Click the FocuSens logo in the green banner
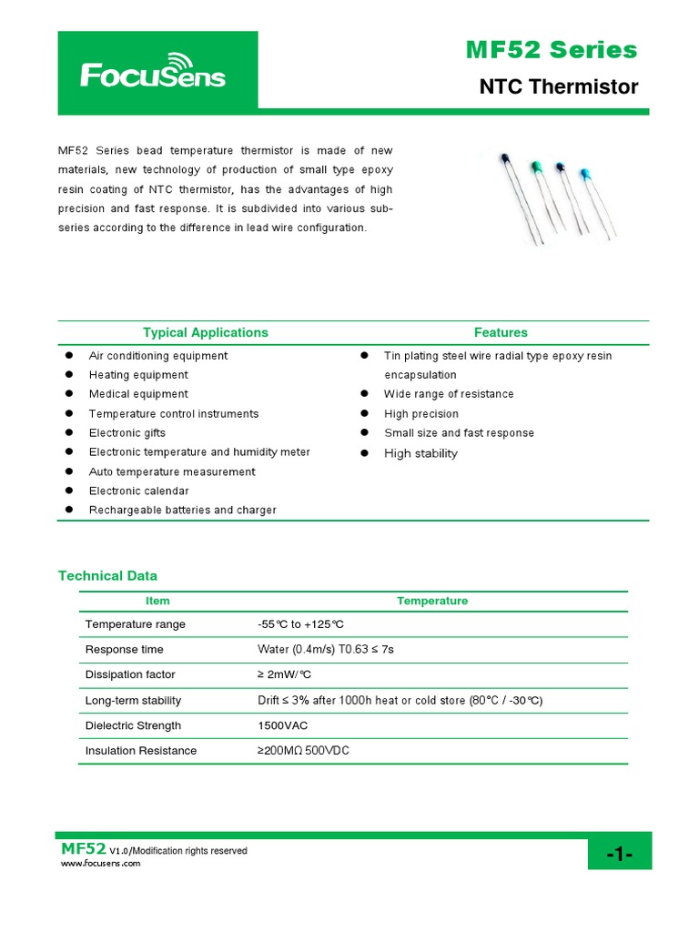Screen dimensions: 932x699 click(x=152, y=73)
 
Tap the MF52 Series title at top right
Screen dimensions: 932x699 click(x=551, y=50)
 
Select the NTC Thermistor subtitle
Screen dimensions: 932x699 click(x=558, y=87)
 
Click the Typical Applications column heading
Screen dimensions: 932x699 click(x=206, y=332)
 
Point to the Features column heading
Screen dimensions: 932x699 click(x=501, y=332)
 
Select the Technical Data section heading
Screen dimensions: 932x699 click(x=107, y=575)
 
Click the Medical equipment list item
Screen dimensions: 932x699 click(x=138, y=394)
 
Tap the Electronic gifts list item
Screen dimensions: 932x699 click(x=127, y=433)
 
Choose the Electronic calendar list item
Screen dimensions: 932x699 click(x=139, y=491)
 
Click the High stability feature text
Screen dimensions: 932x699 click(x=420, y=453)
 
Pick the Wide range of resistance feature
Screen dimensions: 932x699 click(x=449, y=394)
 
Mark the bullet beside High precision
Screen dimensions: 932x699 click(x=364, y=414)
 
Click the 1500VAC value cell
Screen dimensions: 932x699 click(x=283, y=725)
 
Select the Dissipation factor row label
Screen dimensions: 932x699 click(x=130, y=674)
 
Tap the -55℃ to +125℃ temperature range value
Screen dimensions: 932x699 click(x=300, y=624)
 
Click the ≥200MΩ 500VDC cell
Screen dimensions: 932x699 click(x=303, y=751)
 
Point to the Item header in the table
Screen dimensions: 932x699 click(x=157, y=601)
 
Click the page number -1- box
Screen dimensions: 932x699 click(x=618, y=853)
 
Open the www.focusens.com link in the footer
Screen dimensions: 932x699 click(x=100, y=863)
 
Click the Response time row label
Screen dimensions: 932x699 click(x=125, y=649)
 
